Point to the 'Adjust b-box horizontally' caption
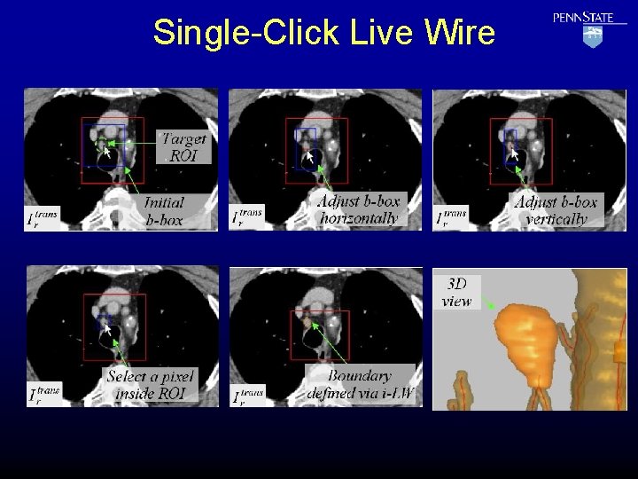358,209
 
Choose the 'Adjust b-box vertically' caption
556,210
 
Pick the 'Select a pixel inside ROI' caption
149,384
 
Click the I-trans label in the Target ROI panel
43,218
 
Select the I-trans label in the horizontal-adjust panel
247,218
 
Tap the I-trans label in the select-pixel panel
43,394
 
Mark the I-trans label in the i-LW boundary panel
247,394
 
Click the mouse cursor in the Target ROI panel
106,153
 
